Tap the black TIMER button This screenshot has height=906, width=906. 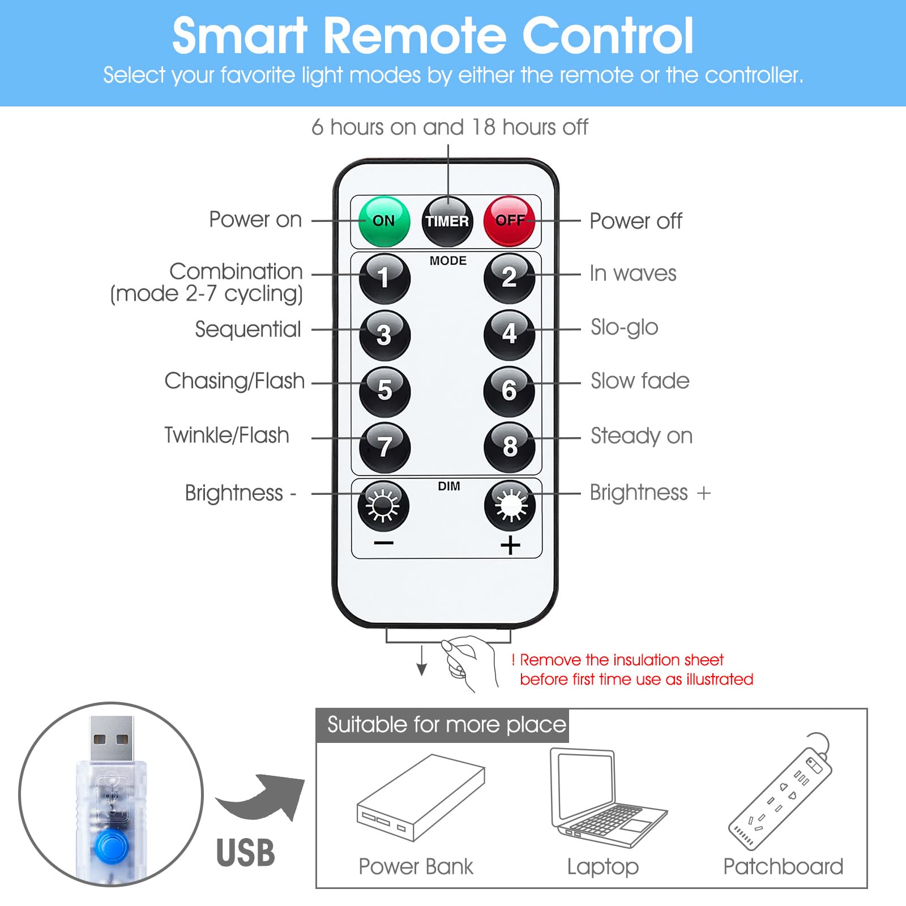(447, 221)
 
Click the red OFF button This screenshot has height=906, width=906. (509, 221)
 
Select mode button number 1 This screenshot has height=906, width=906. (384, 278)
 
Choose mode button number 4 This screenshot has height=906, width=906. (509, 334)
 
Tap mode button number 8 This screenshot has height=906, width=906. (509, 447)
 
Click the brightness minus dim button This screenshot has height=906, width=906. (383, 505)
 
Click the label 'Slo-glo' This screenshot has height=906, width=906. (624, 327)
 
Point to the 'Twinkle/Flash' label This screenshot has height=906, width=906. (226, 435)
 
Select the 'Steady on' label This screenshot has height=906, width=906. (642, 436)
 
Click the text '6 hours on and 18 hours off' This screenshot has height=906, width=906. (450, 127)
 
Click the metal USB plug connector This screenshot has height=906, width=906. (112, 739)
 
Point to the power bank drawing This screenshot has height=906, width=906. (421, 797)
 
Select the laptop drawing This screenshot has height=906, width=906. (608, 798)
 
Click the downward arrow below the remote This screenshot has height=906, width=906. (421, 660)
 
